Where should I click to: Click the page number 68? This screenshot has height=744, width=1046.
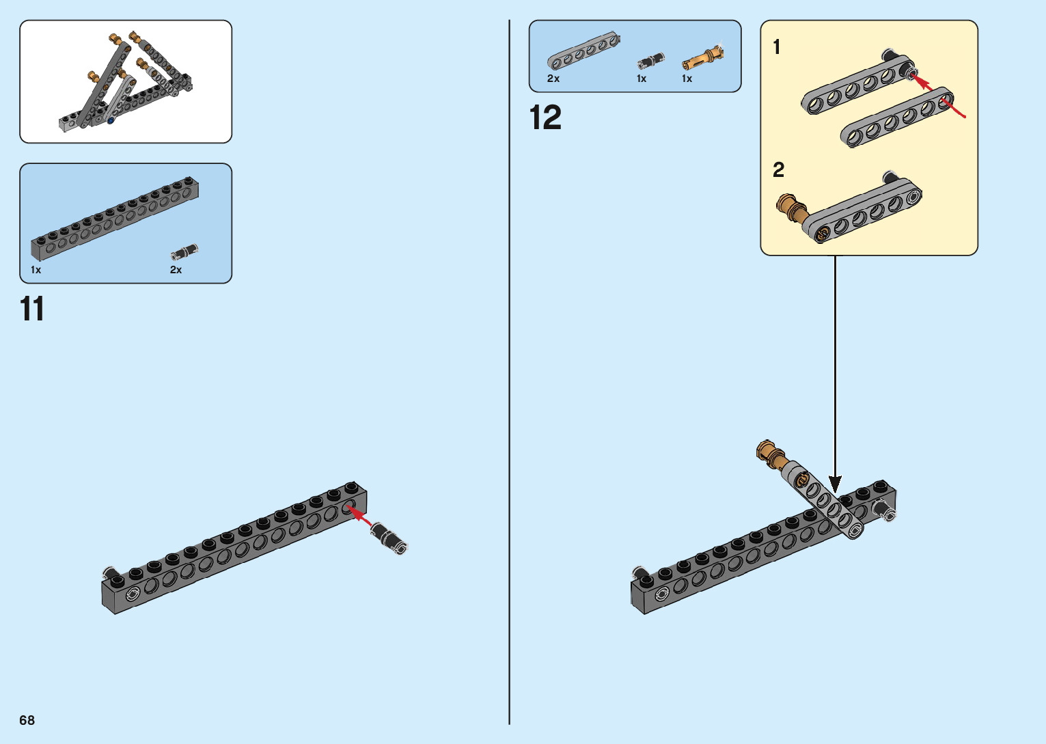pyautogui.click(x=27, y=720)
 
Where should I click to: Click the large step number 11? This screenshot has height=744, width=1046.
pyautogui.click(x=32, y=309)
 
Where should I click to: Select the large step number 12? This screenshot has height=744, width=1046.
pyautogui.click(x=545, y=118)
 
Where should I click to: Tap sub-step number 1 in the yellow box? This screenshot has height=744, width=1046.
pyautogui.click(x=776, y=47)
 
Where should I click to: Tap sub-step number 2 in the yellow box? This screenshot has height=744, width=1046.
pyautogui.click(x=778, y=170)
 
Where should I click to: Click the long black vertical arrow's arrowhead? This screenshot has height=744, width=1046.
pyautogui.click(x=835, y=484)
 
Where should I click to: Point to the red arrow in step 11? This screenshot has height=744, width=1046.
pyautogui.click(x=359, y=516)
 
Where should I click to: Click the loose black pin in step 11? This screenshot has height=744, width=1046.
pyautogui.click(x=390, y=538)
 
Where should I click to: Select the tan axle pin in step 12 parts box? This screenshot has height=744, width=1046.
pyautogui.click(x=703, y=59)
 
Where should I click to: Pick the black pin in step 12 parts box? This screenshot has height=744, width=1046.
pyautogui.click(x=650, y=61)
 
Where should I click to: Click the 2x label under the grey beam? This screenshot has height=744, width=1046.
pyautogui.click(x=553, y=79)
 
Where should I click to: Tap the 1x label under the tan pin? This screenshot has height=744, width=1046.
pyautogui.click(x=687, y=79)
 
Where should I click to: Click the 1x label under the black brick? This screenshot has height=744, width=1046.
pyautogui.click(x=36, y=270)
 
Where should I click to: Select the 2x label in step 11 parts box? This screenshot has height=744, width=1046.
pyautogui.click(x=176, y=270)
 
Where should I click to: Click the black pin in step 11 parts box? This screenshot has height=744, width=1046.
pyautogui.click(x=184, y=253)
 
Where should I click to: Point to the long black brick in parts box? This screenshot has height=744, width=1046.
pyautogui.click(x=115, y=219)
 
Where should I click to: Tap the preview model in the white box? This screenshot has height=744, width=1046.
pyautogui.click(x=126, y=82)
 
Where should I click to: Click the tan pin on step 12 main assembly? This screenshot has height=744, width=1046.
pyautogui.click(x=771, y=454)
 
